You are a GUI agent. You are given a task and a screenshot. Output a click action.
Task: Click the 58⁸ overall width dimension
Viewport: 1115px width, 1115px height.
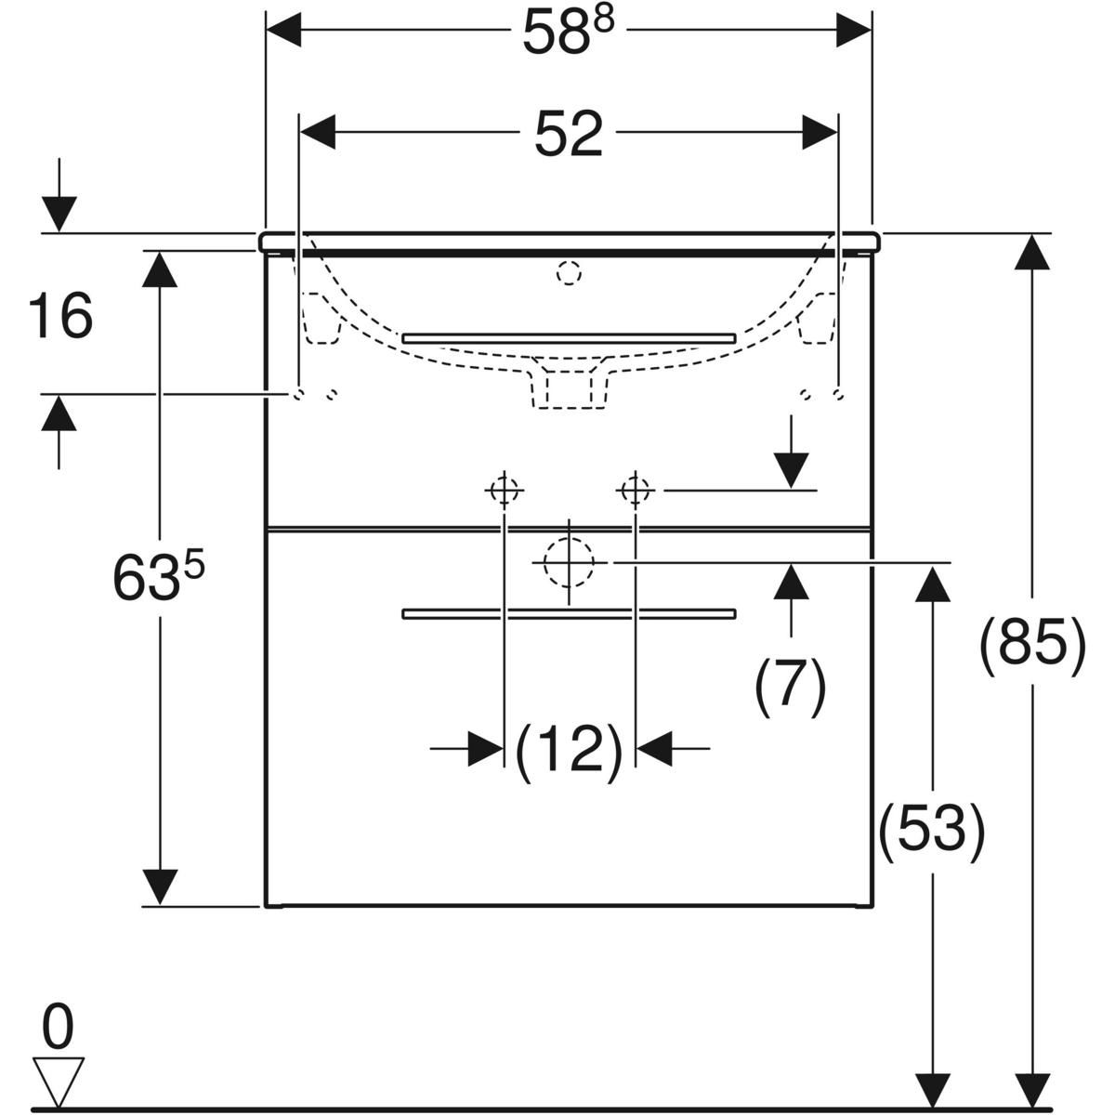pyautogui.click(x=569, y=32)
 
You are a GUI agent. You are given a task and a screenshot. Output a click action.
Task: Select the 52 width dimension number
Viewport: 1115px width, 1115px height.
pyautogui.click(x=569, y=134)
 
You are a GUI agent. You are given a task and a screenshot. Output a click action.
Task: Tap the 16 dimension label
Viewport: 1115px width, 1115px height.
pyautogui.click(x=60, y=315)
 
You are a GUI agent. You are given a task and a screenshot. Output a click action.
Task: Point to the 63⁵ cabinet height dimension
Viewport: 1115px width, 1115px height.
pyautogui.click(x=158, y=576)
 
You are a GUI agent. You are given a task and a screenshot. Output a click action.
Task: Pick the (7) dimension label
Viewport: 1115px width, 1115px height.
pyautogui.click(x=791, y=686)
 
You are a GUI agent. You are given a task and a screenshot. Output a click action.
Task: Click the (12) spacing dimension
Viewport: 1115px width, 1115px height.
pyautogui.click(x=570, y=751)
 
